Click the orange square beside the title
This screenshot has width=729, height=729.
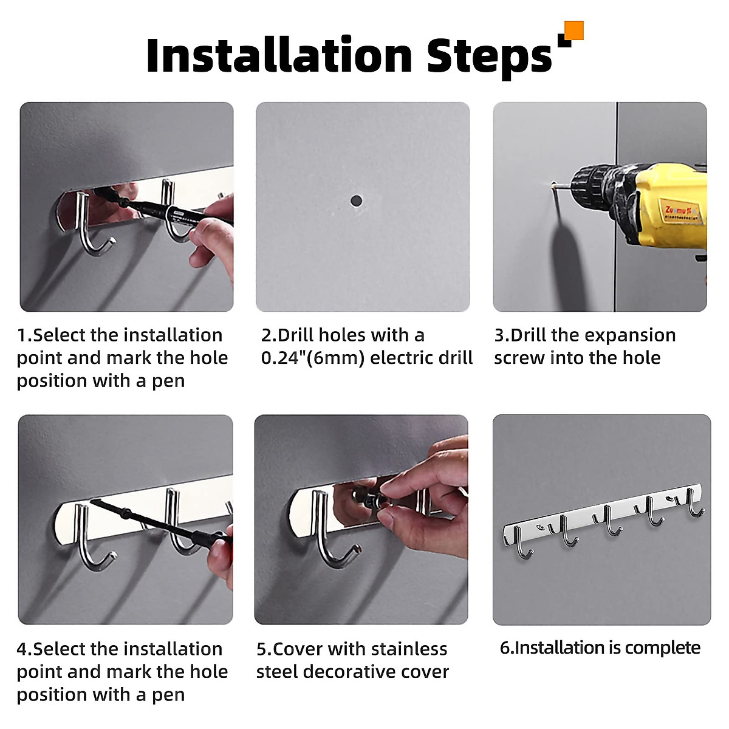click(x=574, y=30)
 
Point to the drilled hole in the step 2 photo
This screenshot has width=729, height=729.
click(x=356, y=200)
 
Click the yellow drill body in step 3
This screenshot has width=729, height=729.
click(x=669, y=206)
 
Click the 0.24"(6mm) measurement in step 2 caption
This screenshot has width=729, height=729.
click(x=312, y=358)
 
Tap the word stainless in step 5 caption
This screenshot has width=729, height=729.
click(x=404, y=649)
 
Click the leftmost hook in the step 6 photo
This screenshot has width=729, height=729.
click(x=522, y=543)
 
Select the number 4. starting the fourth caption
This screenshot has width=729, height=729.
click(x=24, y=649)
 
